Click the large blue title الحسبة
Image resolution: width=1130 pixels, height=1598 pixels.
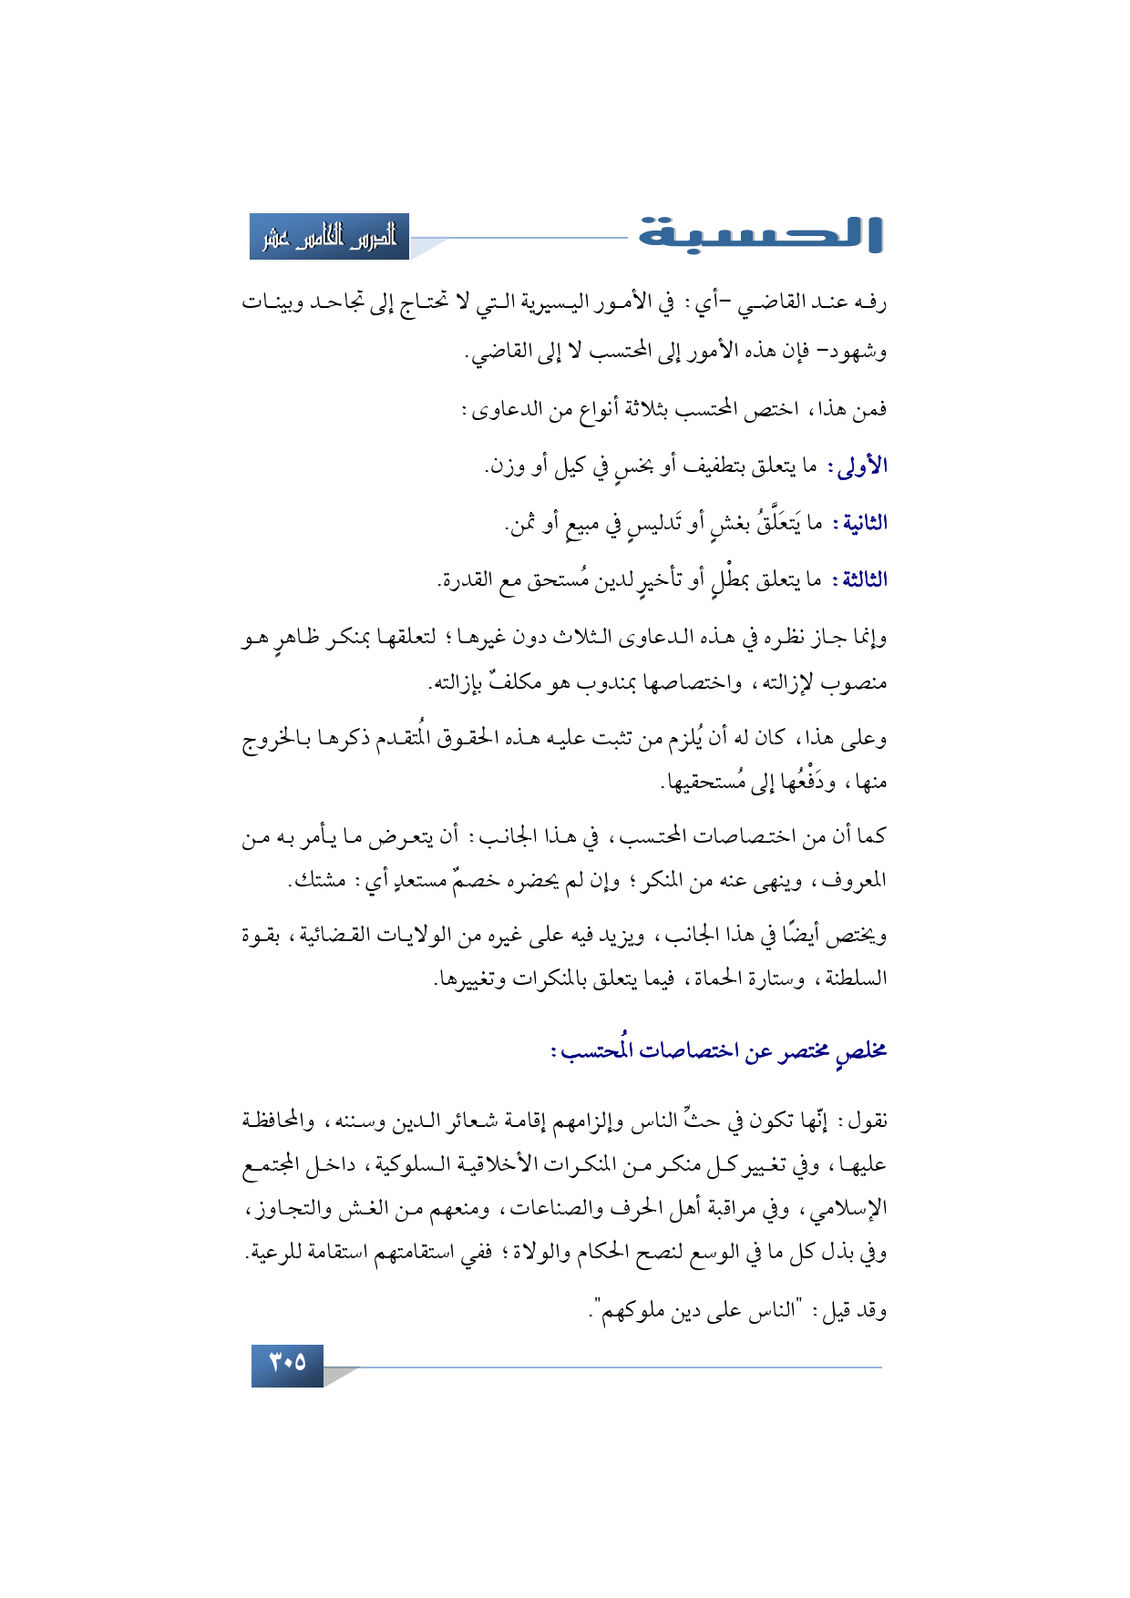[x=760, y=233]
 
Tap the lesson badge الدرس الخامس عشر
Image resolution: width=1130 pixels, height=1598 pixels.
[x=330, y=237]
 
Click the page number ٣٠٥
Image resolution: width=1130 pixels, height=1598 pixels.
[x=287, y=1364]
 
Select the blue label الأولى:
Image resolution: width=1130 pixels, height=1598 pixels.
[x=858, y=466]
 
